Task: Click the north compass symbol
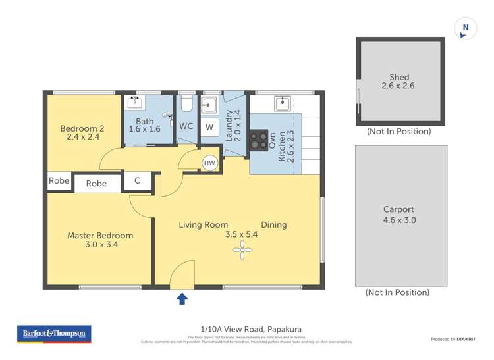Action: [466, 28]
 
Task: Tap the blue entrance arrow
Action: [182, 299]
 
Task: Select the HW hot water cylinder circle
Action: [209, 163]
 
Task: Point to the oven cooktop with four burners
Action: [259, 139]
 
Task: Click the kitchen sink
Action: [283, 103]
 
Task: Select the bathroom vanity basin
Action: [137, 102]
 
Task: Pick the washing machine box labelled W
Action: [209, 127]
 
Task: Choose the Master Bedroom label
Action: [100, 235]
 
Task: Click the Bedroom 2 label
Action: [82, 128]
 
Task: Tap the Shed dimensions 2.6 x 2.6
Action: [399, 86]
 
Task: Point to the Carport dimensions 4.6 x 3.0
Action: [399, 220]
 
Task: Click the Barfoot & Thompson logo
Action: [54, 334]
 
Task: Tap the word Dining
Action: [273, 224]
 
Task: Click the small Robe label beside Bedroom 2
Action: [59, 181]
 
